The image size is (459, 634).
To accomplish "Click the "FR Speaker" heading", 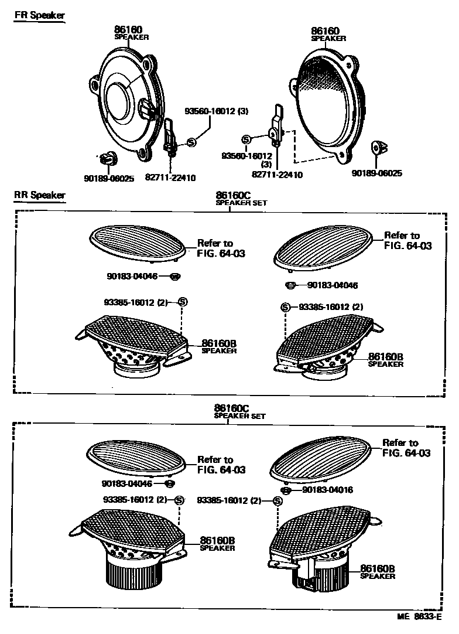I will (x=40, y=16).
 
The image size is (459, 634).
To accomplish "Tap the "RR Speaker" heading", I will (x=40, y=195).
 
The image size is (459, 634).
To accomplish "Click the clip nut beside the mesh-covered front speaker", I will (x=377, y=147).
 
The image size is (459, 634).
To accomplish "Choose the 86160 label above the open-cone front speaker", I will (x=129, y=29).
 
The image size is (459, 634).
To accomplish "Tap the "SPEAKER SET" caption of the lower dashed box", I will (x=240, y=416).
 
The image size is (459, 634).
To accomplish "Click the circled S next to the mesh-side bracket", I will (x=246, y=139).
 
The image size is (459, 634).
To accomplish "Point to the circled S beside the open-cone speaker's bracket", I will (x=191, y=141).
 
